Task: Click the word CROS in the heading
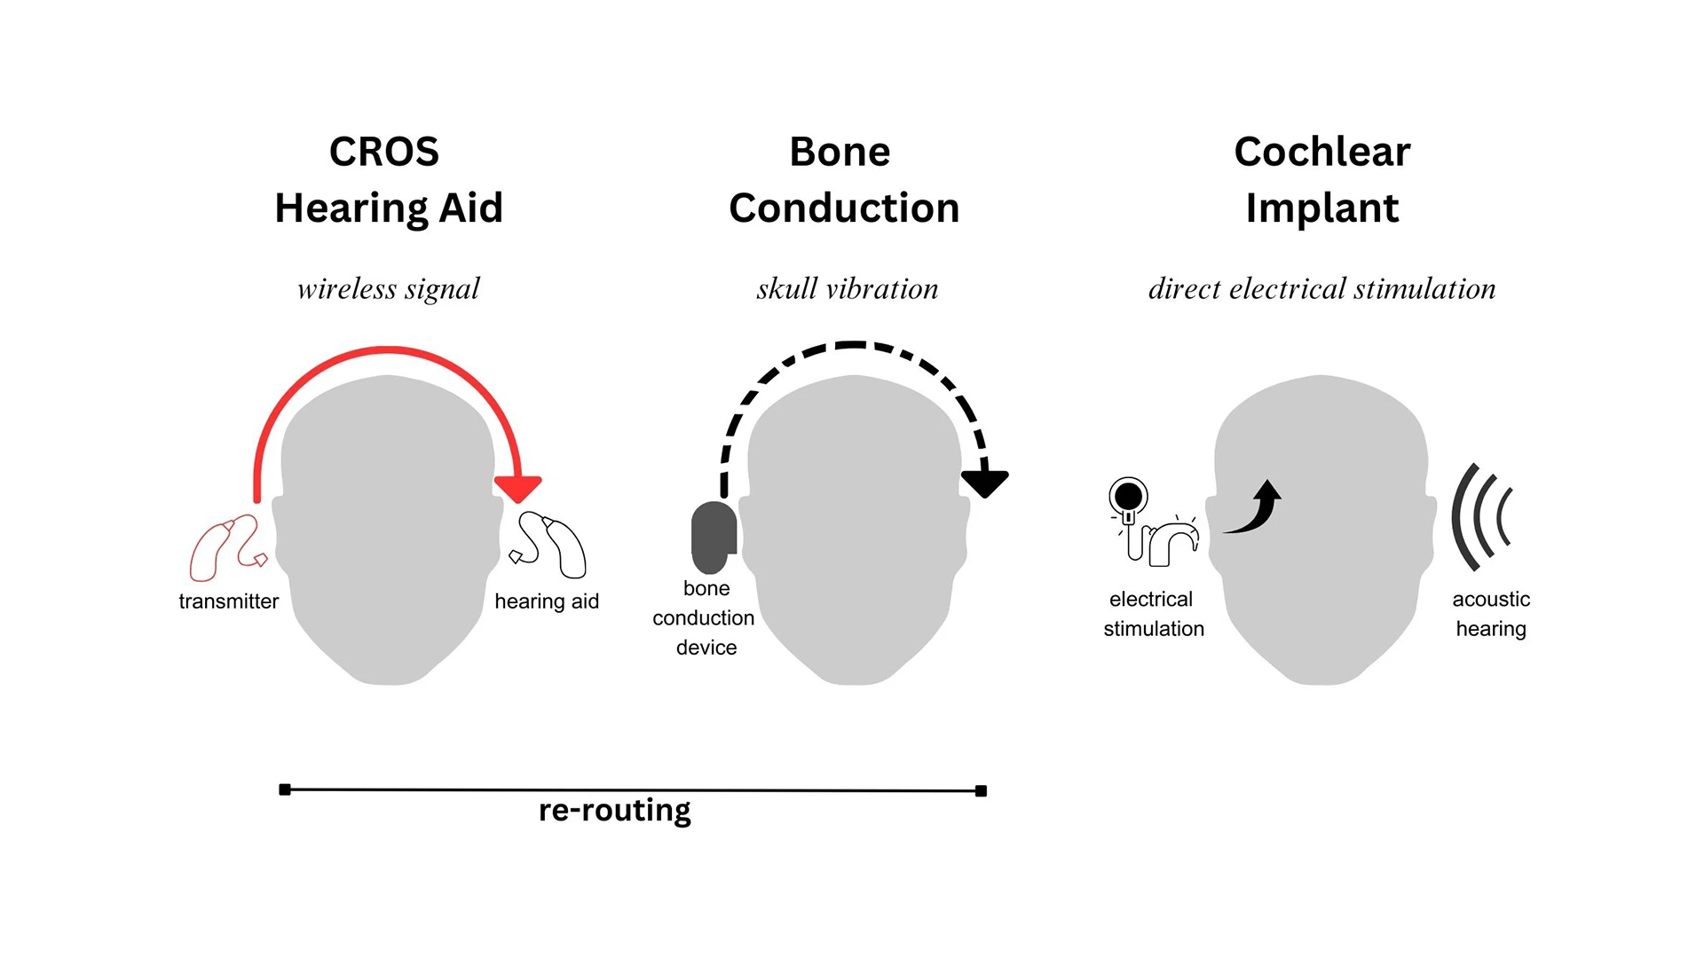[383, 152]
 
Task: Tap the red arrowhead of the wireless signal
[517, 488]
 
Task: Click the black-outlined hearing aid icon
[550, 543]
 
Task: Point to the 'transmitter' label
[228, 601]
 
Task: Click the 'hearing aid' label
[547, 601]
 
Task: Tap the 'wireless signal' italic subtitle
[388, 289]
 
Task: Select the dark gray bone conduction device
[714, 537]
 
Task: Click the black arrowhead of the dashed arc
[984, 483]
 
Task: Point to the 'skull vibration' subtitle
[847, 289]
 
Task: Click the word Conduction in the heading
[844, 208]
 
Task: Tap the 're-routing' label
[614, 811]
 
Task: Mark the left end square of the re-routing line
[285, 789]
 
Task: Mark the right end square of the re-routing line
[981, 791]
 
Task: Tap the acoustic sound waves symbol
[1480, 516]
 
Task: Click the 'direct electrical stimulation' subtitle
[1321, 289]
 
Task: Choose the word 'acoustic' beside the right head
[1491, 600]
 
